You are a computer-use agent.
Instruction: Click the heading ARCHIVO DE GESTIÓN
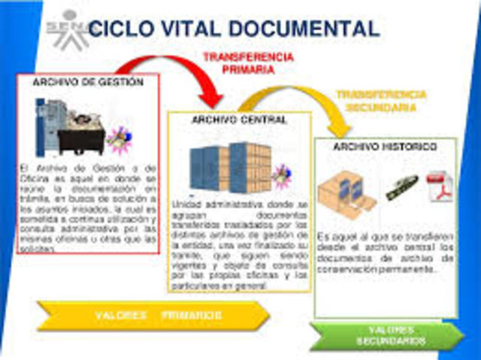click(88, 83)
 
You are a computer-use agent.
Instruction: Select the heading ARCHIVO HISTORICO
click(384, 147)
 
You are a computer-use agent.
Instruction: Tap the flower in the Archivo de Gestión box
click(118, 139)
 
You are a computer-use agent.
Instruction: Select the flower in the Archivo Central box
click(281, 175)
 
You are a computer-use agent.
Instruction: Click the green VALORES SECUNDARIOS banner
click(387, 335)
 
